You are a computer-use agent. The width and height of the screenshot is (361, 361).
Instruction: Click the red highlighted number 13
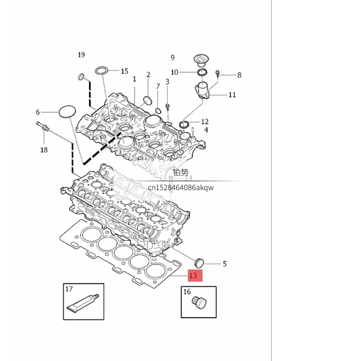(x=195, y=275)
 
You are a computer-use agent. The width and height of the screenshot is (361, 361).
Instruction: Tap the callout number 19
(x=81, y=55)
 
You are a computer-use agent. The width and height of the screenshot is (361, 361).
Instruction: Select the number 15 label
(x=125, y=71)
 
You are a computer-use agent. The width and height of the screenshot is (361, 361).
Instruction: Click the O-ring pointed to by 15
(x=102, y=70)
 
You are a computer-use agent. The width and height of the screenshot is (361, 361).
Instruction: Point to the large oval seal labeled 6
(x=67, y=111)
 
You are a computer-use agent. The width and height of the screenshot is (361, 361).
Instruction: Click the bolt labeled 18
(x=42, y=126)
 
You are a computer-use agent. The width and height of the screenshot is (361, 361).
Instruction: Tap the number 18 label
(x=44, y=150)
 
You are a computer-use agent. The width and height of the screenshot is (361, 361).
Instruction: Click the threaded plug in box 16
(x=199, y=302)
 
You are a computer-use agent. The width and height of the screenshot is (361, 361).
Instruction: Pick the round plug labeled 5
(x=199, y=263)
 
